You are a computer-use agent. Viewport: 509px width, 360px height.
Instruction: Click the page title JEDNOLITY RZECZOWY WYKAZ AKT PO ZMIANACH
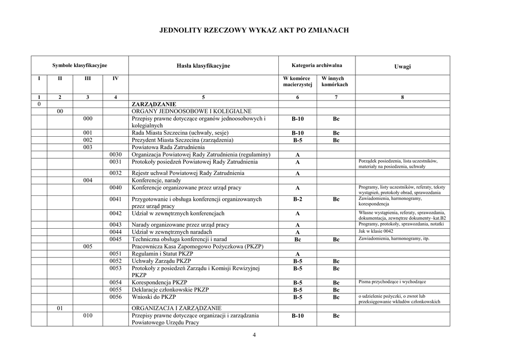coord(254,30)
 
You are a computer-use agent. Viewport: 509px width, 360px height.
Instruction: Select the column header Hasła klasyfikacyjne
coord(203,66)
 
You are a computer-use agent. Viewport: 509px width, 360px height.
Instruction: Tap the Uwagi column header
coord(402,67)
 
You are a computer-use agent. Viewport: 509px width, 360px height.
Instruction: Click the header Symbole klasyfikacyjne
coord(80,65)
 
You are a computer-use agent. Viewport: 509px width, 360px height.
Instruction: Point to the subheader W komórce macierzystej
coord(297,82)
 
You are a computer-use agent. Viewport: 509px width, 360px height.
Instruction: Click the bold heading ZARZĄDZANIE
coord(154,104)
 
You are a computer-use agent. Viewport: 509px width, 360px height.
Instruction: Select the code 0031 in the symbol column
coord(115,162)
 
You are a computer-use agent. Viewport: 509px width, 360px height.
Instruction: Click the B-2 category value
coord(297,199)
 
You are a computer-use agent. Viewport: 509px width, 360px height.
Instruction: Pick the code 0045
coord(115,239)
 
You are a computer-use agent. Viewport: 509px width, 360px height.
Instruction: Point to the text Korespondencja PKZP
coord(159,282)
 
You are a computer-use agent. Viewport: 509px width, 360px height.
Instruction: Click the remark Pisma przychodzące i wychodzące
coord(392,282)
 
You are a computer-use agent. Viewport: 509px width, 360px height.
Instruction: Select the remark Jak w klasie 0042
coord(376,232)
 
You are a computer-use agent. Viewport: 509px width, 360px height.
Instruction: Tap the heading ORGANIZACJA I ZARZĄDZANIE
coord(176,308)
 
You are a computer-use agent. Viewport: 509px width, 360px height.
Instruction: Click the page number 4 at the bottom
coord(254,335)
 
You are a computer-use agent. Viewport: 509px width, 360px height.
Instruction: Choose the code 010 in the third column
coord(87,315)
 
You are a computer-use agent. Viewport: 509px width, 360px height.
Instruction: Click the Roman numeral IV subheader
coord(115,79)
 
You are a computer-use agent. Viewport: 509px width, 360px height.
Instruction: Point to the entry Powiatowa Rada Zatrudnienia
coord(168,147)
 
